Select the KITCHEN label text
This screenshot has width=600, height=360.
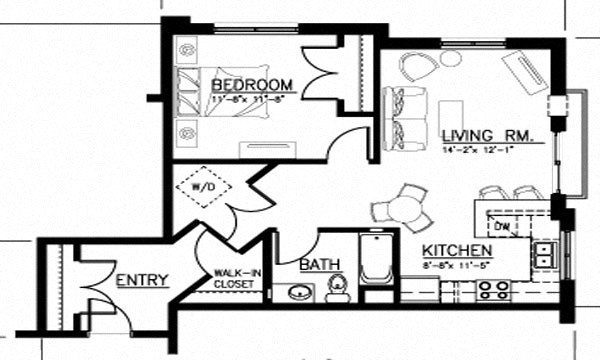click(455, 249)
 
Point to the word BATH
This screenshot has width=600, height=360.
click(320, 265)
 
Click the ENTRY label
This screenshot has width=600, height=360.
click(141, 279)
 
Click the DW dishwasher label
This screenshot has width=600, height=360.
click(503, 226)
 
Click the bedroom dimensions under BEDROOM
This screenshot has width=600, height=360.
click(250, 100)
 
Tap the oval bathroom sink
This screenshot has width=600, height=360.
click(298, 292)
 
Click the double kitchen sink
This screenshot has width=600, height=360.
click(545, 254)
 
